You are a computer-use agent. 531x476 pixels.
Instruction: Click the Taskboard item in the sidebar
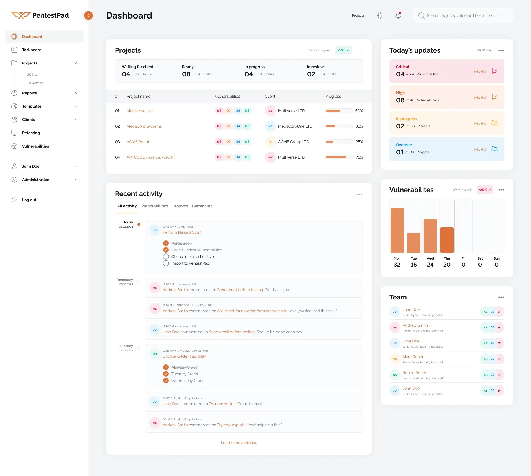click(x=32, y=50)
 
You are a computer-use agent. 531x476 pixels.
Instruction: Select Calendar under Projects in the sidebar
click(x=35, y=83)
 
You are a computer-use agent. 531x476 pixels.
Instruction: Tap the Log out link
click(x=29, y=200)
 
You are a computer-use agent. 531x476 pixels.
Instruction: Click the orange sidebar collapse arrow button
click(x=88, y=15)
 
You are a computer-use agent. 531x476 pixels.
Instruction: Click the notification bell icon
click(x=398, y=15)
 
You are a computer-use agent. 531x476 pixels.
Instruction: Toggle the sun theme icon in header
click(x=380, y=15)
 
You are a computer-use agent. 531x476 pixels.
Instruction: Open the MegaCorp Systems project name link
click(x=144, y=126)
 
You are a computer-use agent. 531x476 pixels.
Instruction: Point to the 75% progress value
click(x=359, y=157)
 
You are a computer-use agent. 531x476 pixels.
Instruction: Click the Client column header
click(x=270, y=96)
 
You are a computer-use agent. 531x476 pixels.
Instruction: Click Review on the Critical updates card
click(x=480, y=71)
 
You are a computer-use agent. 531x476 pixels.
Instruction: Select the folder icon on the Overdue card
click(x=494, y=149)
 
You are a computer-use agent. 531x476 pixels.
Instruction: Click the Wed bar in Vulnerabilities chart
click(x=430, y=236)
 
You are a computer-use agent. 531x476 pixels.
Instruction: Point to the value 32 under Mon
click(x=397, y=265)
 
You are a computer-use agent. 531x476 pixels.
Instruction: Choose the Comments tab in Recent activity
click(x=202, y=206)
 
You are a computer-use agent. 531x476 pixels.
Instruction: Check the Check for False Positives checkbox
click(x=166, y=257)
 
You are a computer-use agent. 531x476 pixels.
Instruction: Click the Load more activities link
click(x=239, y=443)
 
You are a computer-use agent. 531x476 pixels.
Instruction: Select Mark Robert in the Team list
click(x=413, y=357)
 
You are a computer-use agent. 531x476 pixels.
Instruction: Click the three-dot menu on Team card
click(x=501, y=297)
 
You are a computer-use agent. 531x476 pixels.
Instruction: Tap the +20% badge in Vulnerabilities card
click(x=485, y=190)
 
